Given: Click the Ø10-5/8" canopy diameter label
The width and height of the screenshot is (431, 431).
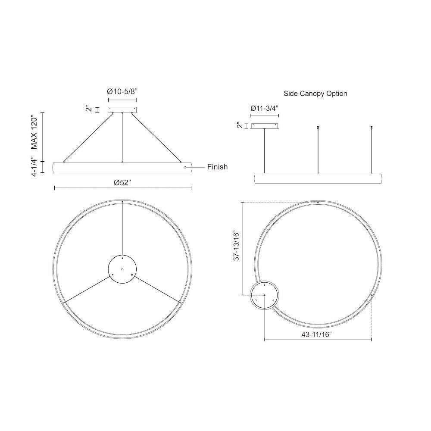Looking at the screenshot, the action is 122,91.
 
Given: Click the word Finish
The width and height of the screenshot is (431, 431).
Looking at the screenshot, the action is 217,167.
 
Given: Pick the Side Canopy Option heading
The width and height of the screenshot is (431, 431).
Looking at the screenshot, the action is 315,94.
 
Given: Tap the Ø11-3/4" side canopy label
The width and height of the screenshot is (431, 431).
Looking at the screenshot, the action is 265,108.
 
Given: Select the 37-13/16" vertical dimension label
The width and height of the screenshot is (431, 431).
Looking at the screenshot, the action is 237,246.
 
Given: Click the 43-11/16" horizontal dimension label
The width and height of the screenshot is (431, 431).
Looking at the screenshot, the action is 316,334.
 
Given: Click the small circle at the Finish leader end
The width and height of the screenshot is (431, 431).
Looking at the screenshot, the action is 185,167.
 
